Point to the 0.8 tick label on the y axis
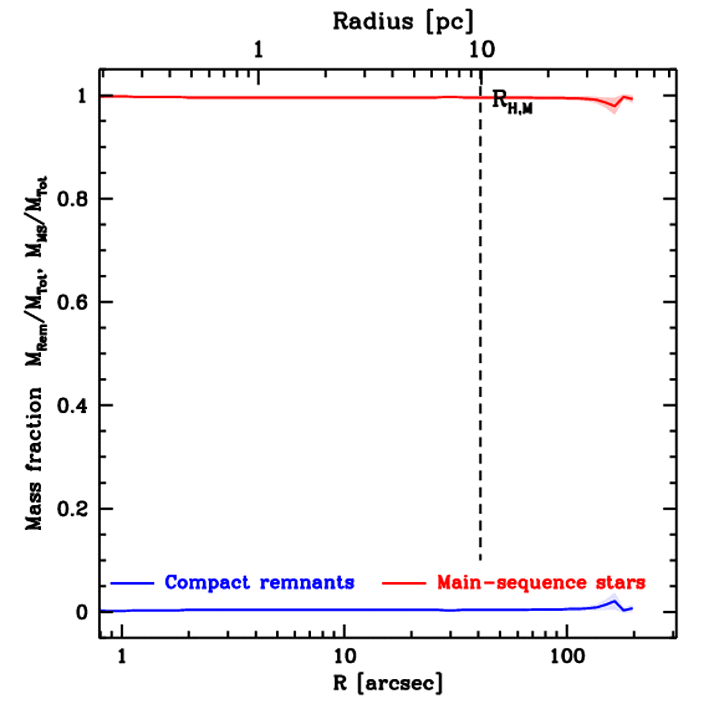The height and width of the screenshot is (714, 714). click(71, 199)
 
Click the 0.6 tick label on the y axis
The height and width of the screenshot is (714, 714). click(71, 303)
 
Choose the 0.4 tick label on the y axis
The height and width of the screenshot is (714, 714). click(71, 406)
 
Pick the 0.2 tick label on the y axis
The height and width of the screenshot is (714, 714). click(71, 509)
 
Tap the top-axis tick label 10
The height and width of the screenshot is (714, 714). click(480, 50)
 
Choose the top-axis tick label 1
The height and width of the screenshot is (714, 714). click(259, 50)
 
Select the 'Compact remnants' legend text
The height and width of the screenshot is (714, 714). click(259, 582)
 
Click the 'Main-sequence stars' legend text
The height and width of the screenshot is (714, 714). click(541, 582)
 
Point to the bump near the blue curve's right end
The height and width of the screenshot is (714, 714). click(614, 602)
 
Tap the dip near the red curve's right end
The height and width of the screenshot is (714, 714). click(614, 106)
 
